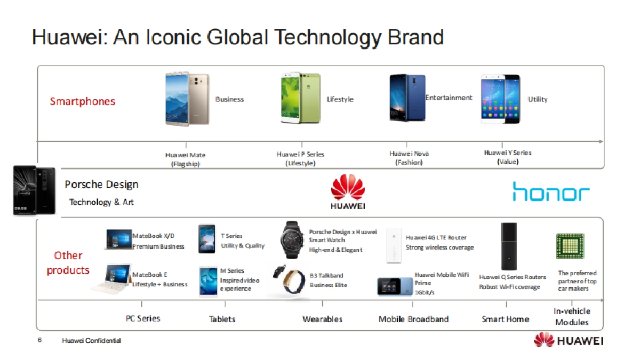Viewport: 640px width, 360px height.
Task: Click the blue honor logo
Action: [551, 191]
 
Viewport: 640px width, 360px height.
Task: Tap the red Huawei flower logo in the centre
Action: [348, 188]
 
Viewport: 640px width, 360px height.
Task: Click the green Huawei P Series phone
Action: [300, 99]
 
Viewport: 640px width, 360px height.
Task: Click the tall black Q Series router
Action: [509, 246]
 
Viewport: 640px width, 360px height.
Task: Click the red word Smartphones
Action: [83, 101]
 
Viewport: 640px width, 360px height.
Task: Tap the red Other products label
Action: [68, 263]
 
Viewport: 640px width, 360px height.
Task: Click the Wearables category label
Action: [323, 319]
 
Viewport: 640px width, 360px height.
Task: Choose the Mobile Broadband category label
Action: [413, 319]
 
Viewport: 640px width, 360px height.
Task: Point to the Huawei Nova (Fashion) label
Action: [409, 158]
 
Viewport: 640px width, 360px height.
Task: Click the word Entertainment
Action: [449, 98]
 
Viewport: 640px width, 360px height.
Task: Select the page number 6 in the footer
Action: [39, 340]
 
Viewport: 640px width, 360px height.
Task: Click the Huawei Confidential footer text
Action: [91, 341]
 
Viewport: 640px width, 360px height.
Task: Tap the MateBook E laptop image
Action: [111, 278]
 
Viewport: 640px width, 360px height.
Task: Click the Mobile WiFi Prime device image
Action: [394, 286]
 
